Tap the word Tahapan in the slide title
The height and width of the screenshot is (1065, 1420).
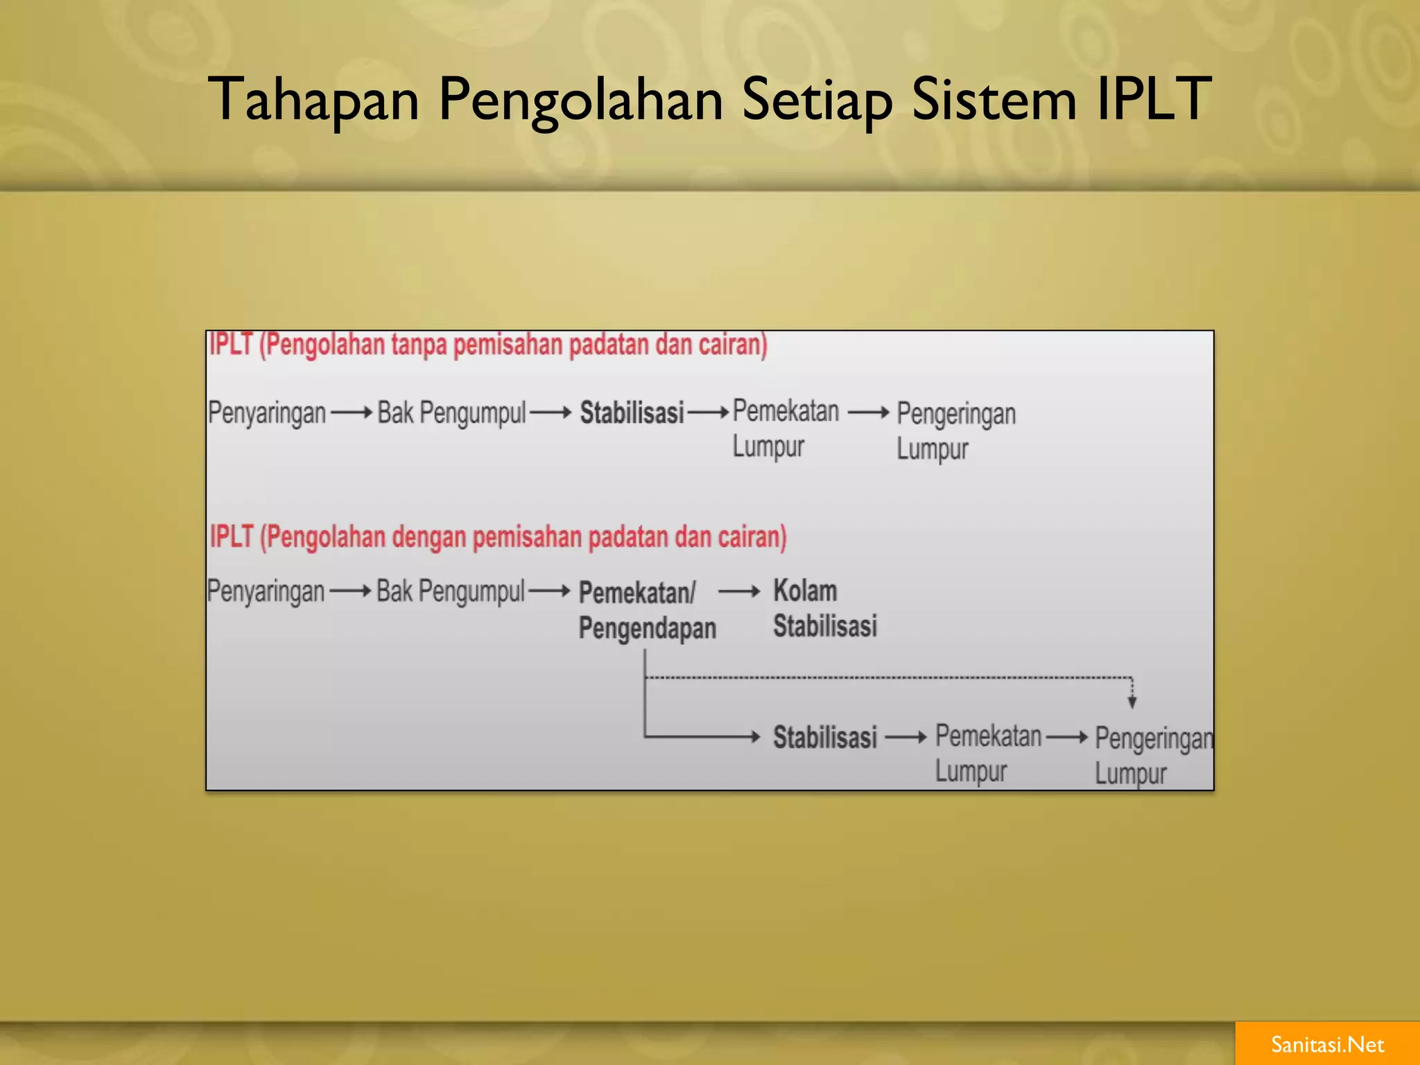(313, 99)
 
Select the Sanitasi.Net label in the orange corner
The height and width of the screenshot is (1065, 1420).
(1327, 1044)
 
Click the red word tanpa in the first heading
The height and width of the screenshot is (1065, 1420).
(419, 345)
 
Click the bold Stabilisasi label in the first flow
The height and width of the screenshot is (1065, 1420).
(632, 413)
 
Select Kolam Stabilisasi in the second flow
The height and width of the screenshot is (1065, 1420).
(824, 609)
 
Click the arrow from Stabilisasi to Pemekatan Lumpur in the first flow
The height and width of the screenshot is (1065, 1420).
(709, 413)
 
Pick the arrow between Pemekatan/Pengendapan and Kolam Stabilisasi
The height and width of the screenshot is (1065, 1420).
(739, 592)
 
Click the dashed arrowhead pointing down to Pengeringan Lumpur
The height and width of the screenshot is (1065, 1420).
(1132, 702)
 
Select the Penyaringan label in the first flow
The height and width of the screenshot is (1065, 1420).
(267, 413)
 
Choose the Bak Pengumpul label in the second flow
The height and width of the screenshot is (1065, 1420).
(451, 592)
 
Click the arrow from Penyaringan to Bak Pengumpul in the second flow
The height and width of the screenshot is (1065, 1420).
(351, 592)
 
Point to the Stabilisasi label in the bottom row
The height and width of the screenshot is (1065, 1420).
(825, 738)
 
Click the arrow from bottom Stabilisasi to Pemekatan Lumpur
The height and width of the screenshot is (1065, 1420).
(906, 738)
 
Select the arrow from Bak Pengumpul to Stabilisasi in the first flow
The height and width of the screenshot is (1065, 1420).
(551, 413)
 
